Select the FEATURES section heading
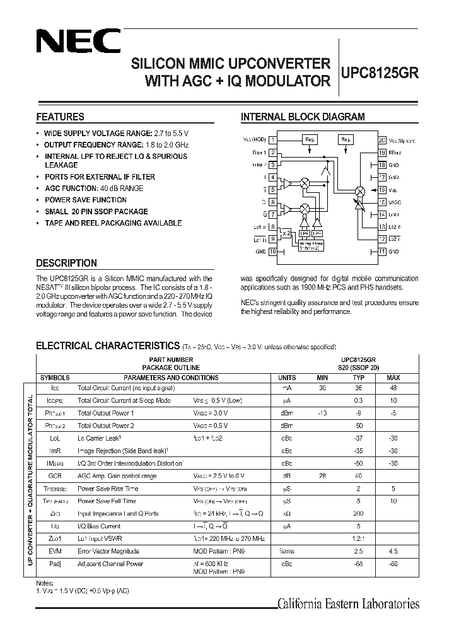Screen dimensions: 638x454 (x=61, y=117)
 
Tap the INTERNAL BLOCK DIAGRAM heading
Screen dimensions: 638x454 (x=303, y=117)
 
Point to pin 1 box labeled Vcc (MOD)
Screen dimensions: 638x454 (x=272, y=140)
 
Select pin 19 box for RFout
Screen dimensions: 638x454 (x=381, y=153)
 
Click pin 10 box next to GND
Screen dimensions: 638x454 (x=272, y=251)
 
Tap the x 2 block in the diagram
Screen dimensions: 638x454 (x=286, y=233)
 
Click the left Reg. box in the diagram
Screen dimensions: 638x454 (x=310, y=139)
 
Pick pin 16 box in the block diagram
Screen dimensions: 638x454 (x=381, y=190)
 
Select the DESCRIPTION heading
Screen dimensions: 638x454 (x=66, y=263)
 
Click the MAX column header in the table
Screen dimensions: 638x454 (x=393, y=378)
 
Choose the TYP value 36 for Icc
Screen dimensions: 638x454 (x=358, y=388)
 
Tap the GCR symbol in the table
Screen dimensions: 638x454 (x=55, y=476)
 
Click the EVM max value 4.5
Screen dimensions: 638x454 (x=393, y=551)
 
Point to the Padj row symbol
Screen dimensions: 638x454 (x=55, y=564)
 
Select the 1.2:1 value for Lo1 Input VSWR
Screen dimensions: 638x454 (x=358, y=538)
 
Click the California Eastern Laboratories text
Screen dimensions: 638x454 (x=349, y=604)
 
